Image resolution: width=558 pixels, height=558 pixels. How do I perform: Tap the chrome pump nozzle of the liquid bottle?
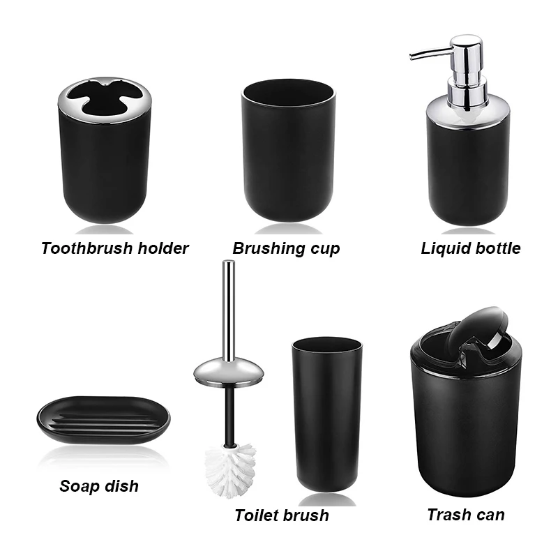(x=427, y=54)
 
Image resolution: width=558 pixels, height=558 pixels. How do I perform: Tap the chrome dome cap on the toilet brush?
(x=228, y=369)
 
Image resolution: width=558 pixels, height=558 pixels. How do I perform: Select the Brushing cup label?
(x=286, y=248)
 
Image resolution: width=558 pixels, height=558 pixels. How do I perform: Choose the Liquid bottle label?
(x=471, y=248)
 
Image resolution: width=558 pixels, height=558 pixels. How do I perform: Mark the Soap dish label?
(x=99, y=486)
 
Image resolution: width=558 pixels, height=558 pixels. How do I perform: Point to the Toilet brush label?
(x=282, y=516)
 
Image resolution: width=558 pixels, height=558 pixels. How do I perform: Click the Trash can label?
(x=466, y=515)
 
